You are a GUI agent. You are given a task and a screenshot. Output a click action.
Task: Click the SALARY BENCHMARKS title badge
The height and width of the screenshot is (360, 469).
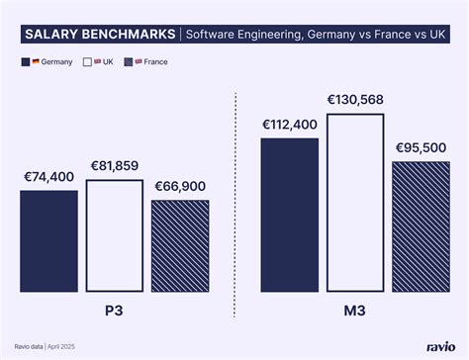(x=98, y=36)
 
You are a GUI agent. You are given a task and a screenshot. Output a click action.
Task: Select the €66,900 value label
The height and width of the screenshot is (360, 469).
(x=180, y=186)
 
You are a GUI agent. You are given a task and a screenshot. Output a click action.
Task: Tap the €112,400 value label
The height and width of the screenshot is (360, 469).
(x=290, y=125)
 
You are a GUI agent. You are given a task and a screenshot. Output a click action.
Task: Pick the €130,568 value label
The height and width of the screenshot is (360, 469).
(x=355, y=100)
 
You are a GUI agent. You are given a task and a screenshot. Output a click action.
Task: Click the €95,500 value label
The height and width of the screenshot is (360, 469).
(x=422, y=147)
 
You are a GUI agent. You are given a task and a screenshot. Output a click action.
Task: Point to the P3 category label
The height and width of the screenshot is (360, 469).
(x=115, y=310)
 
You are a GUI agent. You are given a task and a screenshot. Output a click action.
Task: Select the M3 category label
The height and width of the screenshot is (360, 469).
(x=355, y=310)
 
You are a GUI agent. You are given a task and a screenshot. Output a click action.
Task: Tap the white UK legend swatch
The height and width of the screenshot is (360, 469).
(x=87, y=62)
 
